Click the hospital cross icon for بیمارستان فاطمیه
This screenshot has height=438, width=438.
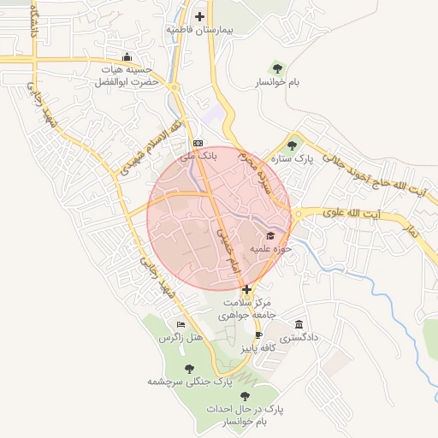point(200,16)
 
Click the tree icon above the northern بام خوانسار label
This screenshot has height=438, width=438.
point(277,67)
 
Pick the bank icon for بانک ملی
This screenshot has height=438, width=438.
point(198,142)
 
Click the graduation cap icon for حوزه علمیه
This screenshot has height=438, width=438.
point(271,235)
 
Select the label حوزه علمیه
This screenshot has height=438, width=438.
point(271,249)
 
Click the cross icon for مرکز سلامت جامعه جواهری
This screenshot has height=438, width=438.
point(247,289)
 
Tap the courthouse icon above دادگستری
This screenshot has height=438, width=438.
point(298,324)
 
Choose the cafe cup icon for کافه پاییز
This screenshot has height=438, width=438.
point(258,334)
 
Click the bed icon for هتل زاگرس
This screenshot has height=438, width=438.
point(180,324)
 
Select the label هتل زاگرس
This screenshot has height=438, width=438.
point(181,339)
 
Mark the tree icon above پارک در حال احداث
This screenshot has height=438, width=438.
point(246,395)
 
